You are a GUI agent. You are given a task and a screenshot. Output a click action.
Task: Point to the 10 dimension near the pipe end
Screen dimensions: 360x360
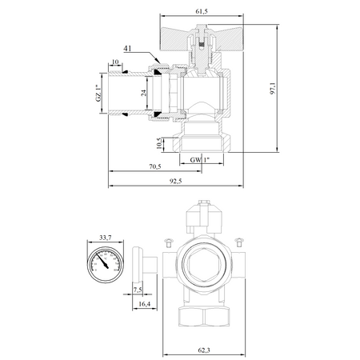[117, 62]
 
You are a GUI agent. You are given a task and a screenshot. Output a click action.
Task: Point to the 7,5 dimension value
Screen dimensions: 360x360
[137, 289]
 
